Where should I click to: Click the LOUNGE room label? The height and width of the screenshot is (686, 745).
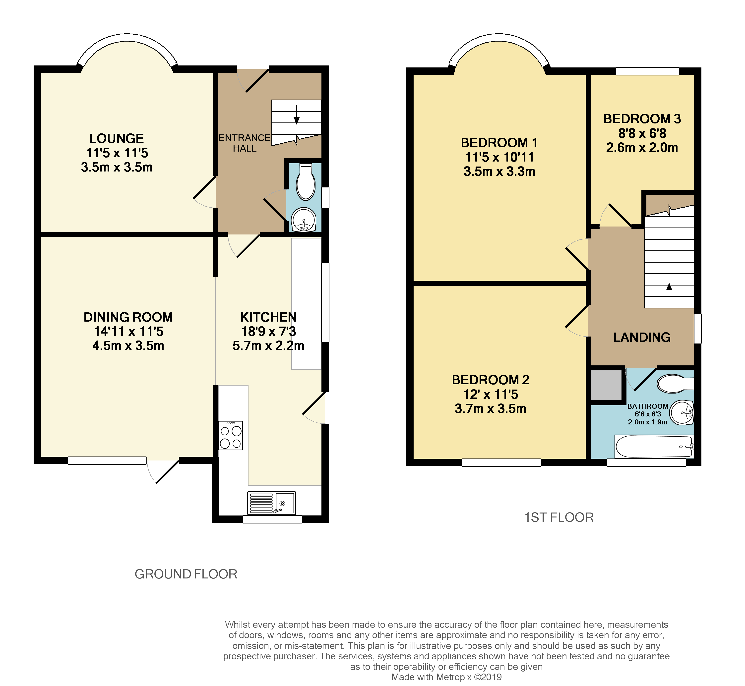coord(117,138)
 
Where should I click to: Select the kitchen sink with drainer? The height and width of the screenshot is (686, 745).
coord(271,503)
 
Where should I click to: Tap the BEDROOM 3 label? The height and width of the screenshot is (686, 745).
coord(642,119)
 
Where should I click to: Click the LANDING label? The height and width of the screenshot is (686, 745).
coord(642,337)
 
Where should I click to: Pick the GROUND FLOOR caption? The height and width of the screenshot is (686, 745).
coord(186,574)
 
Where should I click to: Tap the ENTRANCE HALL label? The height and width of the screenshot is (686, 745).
coord(244,143)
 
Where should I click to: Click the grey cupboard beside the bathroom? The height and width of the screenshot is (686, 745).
coord(606,385)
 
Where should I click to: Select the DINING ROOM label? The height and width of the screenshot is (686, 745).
coord(128,317)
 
